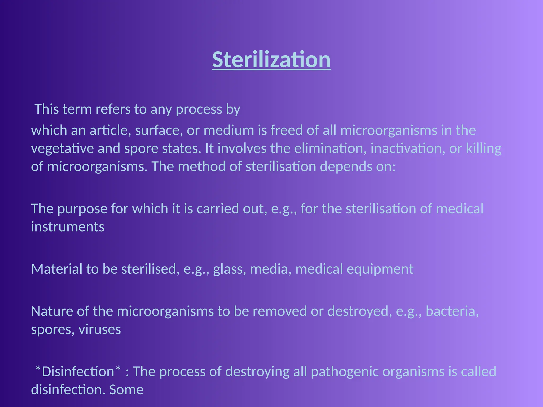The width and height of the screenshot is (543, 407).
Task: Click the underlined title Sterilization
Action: pos(271,60)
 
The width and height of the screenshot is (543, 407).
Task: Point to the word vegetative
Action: pos(62,148)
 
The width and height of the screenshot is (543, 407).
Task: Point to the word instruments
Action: pos(68,227)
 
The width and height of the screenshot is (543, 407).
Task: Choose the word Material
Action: pos(57,269)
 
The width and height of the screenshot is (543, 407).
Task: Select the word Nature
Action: pos(52,311)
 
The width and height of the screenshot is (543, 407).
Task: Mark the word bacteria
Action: pos(452,311)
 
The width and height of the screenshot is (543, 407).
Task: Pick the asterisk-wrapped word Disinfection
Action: pos(78,371)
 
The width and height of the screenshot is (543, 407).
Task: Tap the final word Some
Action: pos(126,390)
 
